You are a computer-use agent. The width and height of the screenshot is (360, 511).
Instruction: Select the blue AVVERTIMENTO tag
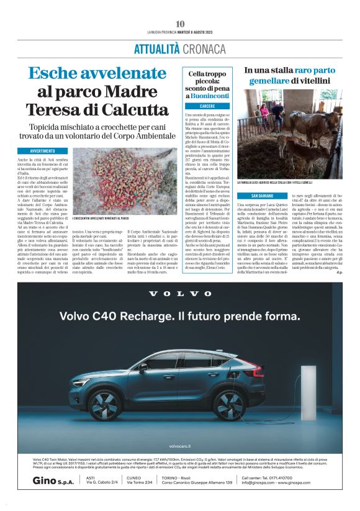tap(49, 151)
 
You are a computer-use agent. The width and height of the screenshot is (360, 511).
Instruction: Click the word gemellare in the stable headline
tap(277, 81)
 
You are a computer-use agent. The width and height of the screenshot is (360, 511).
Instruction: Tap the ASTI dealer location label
tap(91, 477)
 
